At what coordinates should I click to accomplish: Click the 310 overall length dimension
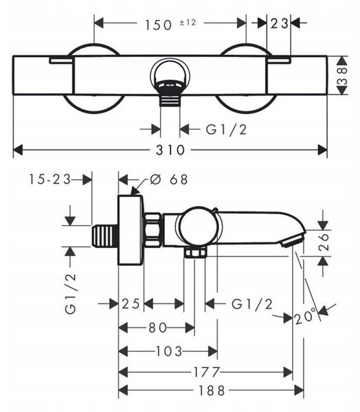click(170, 150)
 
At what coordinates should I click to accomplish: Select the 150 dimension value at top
click(158, 25)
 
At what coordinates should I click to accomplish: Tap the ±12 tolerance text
click(188, 23)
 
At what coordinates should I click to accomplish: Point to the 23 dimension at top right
click(279, 24)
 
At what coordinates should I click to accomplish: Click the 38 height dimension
click(342, 76)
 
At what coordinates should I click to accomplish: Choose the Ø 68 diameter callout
click(169, 179)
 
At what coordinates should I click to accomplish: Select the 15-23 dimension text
click(50, 179)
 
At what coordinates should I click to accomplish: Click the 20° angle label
click(305, 317)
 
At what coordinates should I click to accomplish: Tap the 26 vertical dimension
click(324, 241)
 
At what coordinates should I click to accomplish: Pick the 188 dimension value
click(212, 391)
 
